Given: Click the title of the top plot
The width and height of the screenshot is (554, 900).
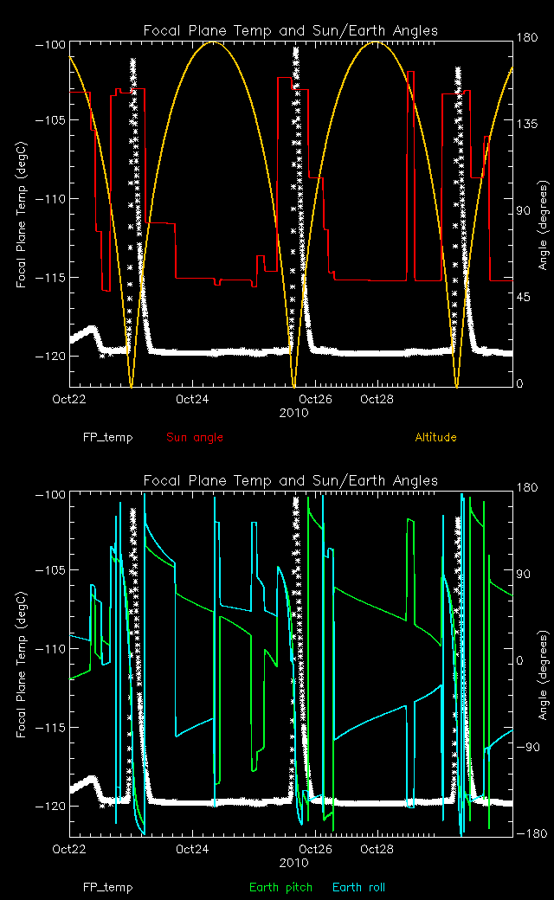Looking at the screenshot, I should point(290,31).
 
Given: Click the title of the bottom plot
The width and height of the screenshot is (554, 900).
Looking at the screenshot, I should point(290,480).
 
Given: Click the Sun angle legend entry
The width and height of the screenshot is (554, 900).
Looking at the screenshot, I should point(195,438).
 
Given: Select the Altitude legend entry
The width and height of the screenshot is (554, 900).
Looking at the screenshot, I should point(435,438).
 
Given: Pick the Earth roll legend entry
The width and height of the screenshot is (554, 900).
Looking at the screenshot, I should point(358,887).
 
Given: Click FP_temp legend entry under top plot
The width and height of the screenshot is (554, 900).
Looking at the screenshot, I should point(108,438).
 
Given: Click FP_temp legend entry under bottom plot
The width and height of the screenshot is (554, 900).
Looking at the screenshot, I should point(108,887).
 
